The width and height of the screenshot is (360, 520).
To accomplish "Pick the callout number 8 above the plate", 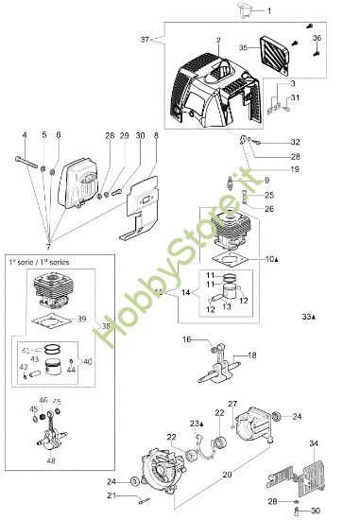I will pos(156,136).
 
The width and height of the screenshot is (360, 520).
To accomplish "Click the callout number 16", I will pos(186,338).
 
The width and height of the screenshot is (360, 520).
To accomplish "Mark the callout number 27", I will pos(232,403).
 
